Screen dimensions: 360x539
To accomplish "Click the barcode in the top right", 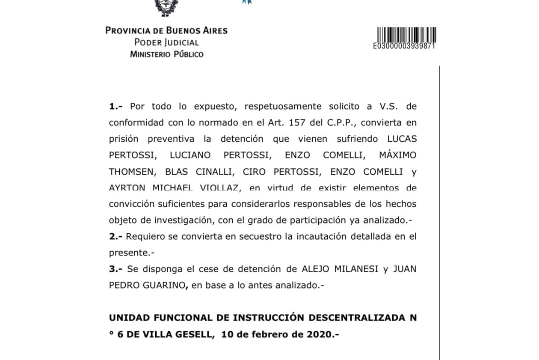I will click(406, 34).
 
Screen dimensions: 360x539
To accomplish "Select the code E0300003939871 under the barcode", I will click(404, 46).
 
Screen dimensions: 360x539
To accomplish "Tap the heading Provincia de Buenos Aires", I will click(166, 30).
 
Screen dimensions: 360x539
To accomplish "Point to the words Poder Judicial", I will click(166, 42).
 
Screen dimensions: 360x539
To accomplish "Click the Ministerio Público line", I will click(166, 54).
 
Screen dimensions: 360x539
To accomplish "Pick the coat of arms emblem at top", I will click(166, 7).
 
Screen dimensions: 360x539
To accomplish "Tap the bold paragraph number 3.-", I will click(116, 269).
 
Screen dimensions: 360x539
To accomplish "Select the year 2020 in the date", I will click(317, 334).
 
